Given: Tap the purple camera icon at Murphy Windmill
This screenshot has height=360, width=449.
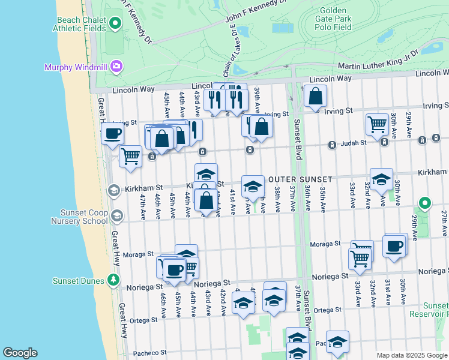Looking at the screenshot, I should pyautogui.click(x=116, y=67).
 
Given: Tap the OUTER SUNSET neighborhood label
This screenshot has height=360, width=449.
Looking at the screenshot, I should pyautogui.click(x=300, y=179).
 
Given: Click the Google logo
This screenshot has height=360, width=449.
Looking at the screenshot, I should pyautogui.click(x=20, y=353).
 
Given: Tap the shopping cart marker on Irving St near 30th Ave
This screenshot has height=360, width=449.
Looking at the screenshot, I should pyautogui.click(x=377, y=124).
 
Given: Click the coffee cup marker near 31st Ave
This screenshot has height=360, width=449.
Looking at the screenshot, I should pyautogui.click(x=394, y=246).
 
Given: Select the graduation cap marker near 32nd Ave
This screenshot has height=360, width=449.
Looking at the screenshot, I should pyautogui.click(x=381, y=178).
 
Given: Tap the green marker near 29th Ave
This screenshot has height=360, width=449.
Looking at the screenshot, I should pyautogui.click(x=425, y=204).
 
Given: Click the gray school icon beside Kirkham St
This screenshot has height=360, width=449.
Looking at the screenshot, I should pyautogui.click(x=113, y=190).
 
